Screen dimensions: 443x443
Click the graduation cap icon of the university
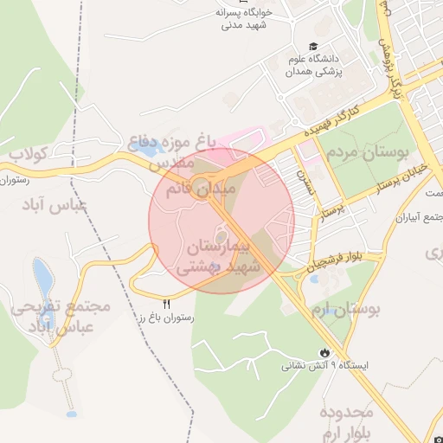tap(311, 47)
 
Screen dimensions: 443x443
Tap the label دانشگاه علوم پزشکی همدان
tap(318, 66)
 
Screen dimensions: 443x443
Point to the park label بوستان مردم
tap(367, 156)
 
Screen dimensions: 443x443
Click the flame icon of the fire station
tap(324, 353)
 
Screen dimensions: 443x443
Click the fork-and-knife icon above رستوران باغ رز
tap(166, 304)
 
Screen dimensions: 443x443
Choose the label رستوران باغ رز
tap(166, 318)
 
